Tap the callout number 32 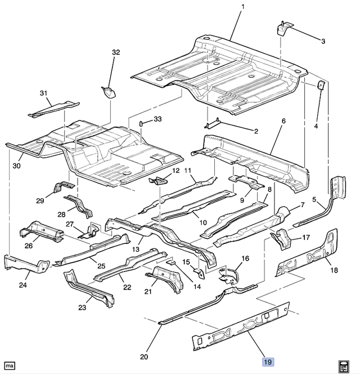coord(116,52)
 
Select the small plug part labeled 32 coord(109,92)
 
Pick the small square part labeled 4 coord(321,86)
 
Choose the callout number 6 coord(283,121)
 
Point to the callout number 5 coord(315,198)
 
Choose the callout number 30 coord(17,166)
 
